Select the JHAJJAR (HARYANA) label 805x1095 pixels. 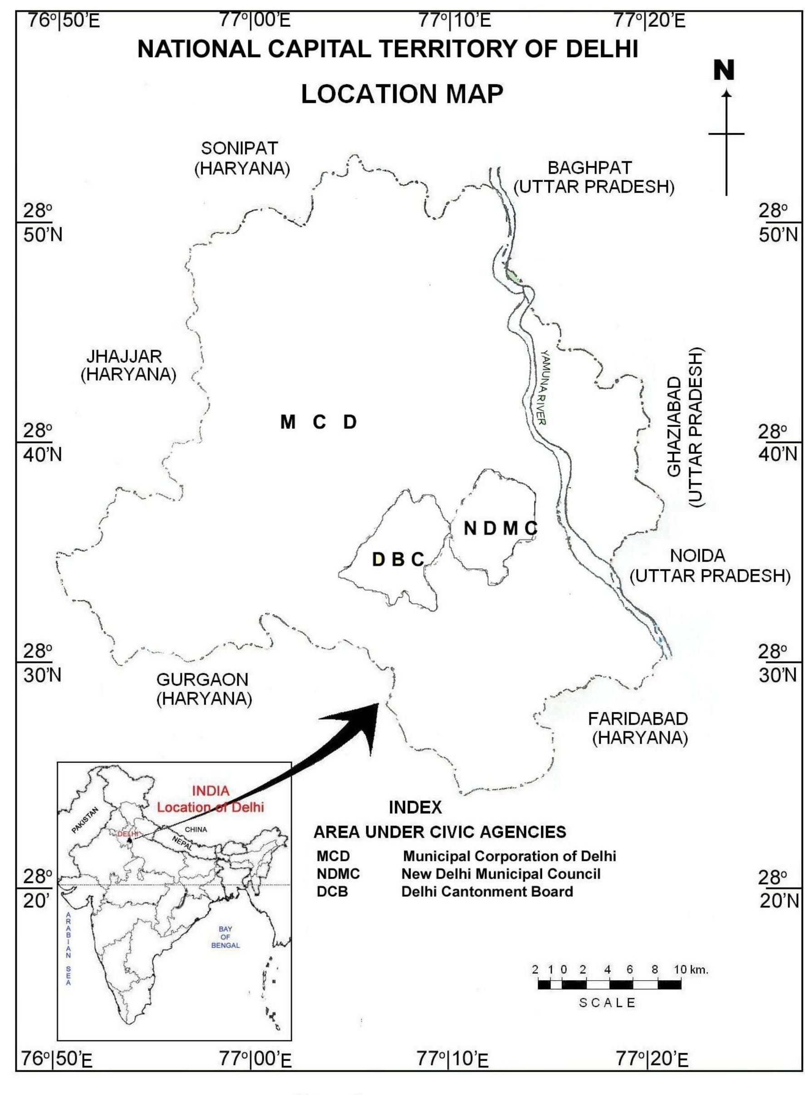point(128,365)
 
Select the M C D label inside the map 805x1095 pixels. point(318,422)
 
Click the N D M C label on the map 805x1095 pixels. point(501,528)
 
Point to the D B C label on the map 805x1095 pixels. point(398,560)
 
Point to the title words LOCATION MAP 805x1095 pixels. point(402,94)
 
